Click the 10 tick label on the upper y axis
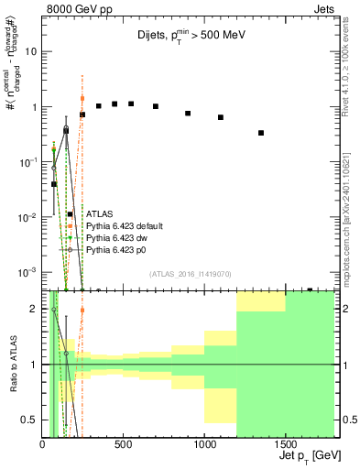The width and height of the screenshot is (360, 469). [x=30, y=51]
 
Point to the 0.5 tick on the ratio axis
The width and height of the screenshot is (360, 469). [x=28, y=420]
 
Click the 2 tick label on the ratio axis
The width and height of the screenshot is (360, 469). [x=34, y=310]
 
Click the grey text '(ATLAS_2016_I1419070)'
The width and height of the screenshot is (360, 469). [x=189, y=273]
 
